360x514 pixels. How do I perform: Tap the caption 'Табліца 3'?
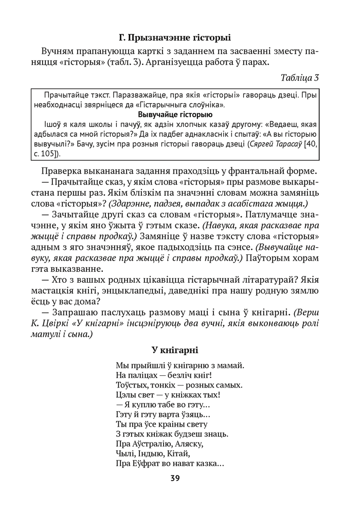[300, 78]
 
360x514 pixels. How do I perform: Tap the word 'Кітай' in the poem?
[178, 453]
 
